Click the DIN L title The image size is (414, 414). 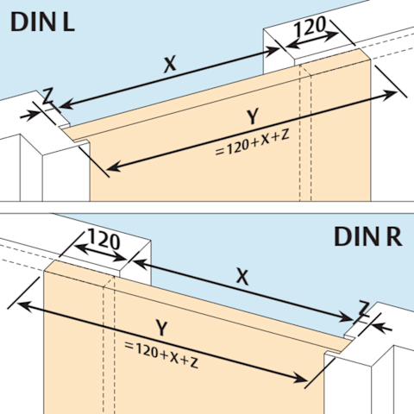pos(42,22)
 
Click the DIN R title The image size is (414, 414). pos(368,236)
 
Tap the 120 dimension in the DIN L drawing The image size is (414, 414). pos(310,27)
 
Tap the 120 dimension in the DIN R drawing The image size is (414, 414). pos(103,239)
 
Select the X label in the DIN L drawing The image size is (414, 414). pos(170,65)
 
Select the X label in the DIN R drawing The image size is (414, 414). pos(242,277)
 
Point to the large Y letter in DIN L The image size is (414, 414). pos(253,116)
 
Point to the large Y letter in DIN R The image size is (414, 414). pos(161,328)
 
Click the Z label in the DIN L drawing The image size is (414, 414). pos(47,97)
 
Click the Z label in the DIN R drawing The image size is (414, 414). pos(364,308)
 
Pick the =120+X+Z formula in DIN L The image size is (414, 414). pos(252,143)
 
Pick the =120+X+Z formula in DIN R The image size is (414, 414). pos(161,354)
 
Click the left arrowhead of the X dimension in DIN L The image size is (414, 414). pos(66,104)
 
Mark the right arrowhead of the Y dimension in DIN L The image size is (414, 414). pos(391,94)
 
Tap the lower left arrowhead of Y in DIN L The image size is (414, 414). pos(113,167)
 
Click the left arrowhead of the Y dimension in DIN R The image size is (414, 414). pos(24,305)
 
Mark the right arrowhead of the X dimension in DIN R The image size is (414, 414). pos(347,317)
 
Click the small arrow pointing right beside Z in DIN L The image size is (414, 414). pos(30,116)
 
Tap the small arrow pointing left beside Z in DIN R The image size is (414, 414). pos(382,328)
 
